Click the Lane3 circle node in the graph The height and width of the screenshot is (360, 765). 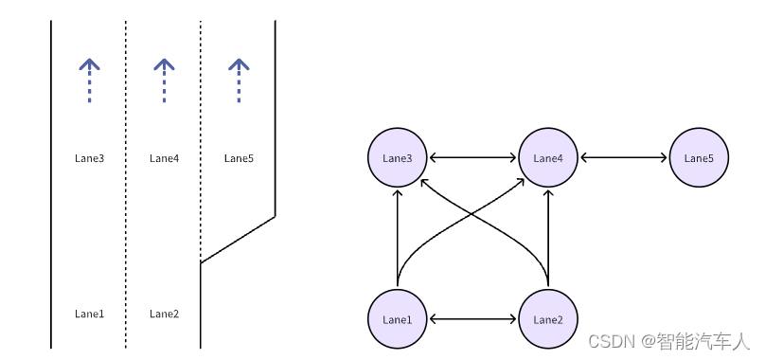coord(397,157)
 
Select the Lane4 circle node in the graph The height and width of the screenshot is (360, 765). coord(548,157)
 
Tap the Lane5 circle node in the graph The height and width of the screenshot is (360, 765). coord(699,157)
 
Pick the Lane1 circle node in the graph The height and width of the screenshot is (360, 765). coord(397,319)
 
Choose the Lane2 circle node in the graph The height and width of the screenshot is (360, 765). coord(548,319)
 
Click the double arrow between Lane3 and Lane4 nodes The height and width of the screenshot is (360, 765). coord(472,157)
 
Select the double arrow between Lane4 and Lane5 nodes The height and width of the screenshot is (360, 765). coord(624,157)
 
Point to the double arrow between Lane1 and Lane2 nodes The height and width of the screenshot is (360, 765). coord(472,319)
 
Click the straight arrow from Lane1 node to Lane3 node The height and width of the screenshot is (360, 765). coord(397,237)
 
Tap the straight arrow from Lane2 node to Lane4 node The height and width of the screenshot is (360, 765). coord(548,237)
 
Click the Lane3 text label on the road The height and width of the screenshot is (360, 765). coord(89,158)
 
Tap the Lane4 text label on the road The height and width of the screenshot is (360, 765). coord(164,158)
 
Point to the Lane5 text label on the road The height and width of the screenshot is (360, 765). coord(239,158)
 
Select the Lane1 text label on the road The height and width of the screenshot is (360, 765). coord(89,314)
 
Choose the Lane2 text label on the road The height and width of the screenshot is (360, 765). coord(164,314)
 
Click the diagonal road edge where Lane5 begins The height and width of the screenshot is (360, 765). coord(238,240)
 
